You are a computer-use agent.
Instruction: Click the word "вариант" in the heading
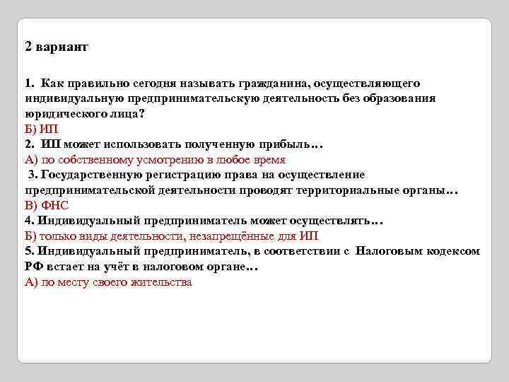[x=62, y=47]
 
